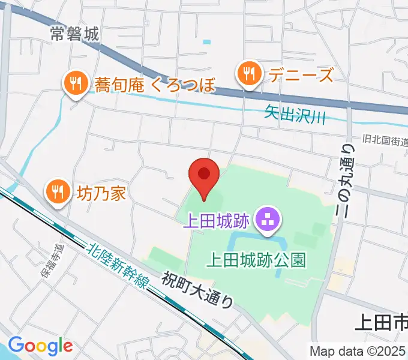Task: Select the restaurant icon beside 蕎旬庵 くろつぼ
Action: (x=75, y=83)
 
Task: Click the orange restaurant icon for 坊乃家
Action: (x=58, y=193)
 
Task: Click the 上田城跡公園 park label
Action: (x=256, y=260)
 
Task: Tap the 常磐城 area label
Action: (x=74, y=34)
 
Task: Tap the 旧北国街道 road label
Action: (x=385, y=141)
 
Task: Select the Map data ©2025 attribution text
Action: (x=358, y=351)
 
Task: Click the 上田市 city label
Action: (x=381, y=323)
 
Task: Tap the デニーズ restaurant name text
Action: (x=292, y=75)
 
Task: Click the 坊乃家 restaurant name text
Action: (x=101, y=193)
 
